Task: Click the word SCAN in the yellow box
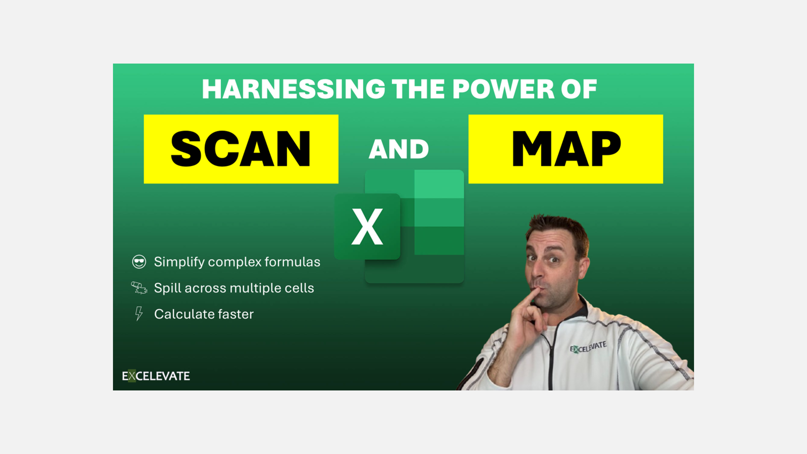tap(241, 149)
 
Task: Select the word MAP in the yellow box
tap(566, 149)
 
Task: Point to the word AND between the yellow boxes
tap(398, 149)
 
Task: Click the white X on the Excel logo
tap(367, 226)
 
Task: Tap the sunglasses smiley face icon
tap(139, 262)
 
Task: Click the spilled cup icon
tap(139, 288)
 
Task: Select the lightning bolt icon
tap(138, 314)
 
